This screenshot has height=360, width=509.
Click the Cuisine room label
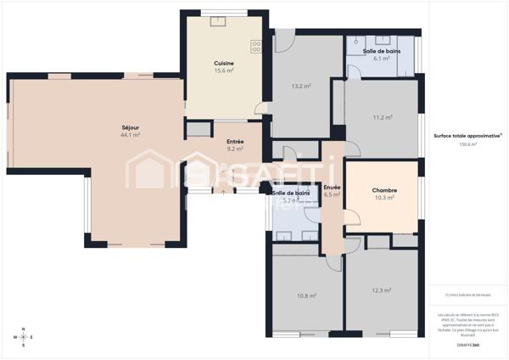pos(224,63)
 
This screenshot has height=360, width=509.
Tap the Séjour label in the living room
pos(130,127)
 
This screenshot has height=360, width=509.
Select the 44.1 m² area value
pos(130,135)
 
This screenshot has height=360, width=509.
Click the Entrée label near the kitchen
pos(235,142)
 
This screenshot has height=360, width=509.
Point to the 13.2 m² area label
pos(299,86)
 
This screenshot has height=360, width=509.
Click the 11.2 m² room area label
pos(382,117)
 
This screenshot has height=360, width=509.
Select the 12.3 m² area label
pos(382,290)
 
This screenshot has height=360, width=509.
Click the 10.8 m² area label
pos(306,295)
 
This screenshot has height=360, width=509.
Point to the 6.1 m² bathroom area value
pos(382,59)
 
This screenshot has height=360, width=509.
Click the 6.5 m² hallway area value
pos(332,194)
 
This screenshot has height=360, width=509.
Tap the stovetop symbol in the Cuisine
pos(255,46)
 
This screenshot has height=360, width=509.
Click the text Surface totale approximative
pos(466,136)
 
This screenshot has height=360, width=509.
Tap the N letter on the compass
pos(24,329)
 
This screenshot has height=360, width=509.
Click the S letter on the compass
pos(24,346)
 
